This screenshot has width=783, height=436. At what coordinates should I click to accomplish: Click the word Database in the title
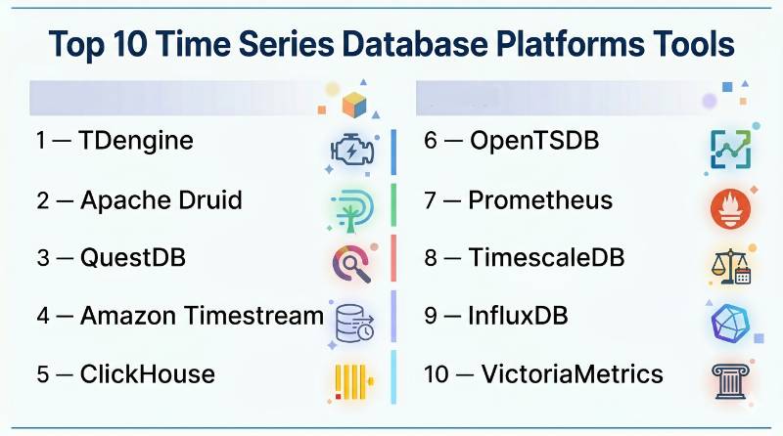click(x=414, y=43)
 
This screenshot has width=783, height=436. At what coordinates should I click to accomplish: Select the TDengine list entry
click(x=115, y=141)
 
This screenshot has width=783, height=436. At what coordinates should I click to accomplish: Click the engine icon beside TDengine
click(x=352, y=150)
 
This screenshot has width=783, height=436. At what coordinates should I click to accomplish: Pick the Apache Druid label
click(x=139, y=200)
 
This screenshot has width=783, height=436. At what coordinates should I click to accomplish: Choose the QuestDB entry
click(x=111, y=258)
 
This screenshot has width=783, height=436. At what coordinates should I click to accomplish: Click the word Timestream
click(x=254, y=316)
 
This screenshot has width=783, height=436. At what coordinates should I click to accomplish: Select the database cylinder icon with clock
click(x=354, y=324)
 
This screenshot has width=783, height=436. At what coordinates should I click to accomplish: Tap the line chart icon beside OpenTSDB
click(x=730, y=150)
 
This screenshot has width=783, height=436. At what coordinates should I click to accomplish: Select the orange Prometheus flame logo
click(x=730, y=209)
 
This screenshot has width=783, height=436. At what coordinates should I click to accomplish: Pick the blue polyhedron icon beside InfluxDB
click(x=730, y=324)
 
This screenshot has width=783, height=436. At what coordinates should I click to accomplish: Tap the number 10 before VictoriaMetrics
click(x=437, y=374)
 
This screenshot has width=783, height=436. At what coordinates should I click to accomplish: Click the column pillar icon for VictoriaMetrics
click(x=730, y=381)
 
